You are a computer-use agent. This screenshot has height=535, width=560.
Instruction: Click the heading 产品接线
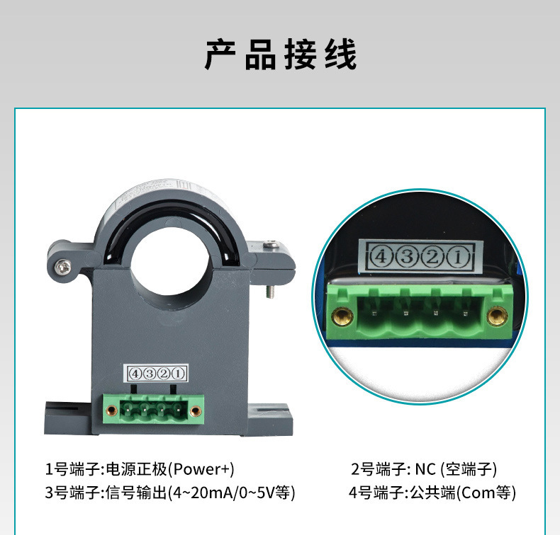pos(281,55)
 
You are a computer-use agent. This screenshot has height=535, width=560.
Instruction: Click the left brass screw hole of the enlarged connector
pos(343,316)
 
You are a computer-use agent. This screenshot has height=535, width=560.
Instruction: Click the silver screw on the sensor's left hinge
pos(62,266)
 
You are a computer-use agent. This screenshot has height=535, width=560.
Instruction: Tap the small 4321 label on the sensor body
pos(155,373)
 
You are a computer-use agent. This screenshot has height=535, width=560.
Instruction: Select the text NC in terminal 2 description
pos(425,469)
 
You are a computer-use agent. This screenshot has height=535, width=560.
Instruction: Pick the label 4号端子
pos(377,493)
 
